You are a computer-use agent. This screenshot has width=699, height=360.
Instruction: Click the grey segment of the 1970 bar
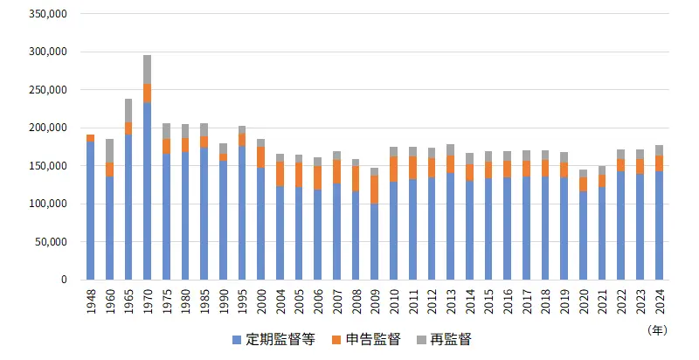coord(147,69)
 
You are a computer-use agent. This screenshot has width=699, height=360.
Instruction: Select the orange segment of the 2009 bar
coord(374,190)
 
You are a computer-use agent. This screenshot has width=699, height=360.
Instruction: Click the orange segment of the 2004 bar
coord(280,173)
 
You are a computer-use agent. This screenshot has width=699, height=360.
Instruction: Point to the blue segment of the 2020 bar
coord(583,235)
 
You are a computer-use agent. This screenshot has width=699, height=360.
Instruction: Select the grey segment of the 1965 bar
coord(128,110)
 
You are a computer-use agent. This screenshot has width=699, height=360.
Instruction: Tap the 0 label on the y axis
coord(64,280)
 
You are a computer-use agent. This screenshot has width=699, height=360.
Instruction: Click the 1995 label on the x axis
coord(242,301)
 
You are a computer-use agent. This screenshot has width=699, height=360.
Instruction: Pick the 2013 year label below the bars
coord(451,301)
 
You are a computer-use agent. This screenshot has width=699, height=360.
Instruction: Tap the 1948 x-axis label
coord(90,301)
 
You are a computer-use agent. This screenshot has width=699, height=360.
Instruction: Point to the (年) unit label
coord(656,330)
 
